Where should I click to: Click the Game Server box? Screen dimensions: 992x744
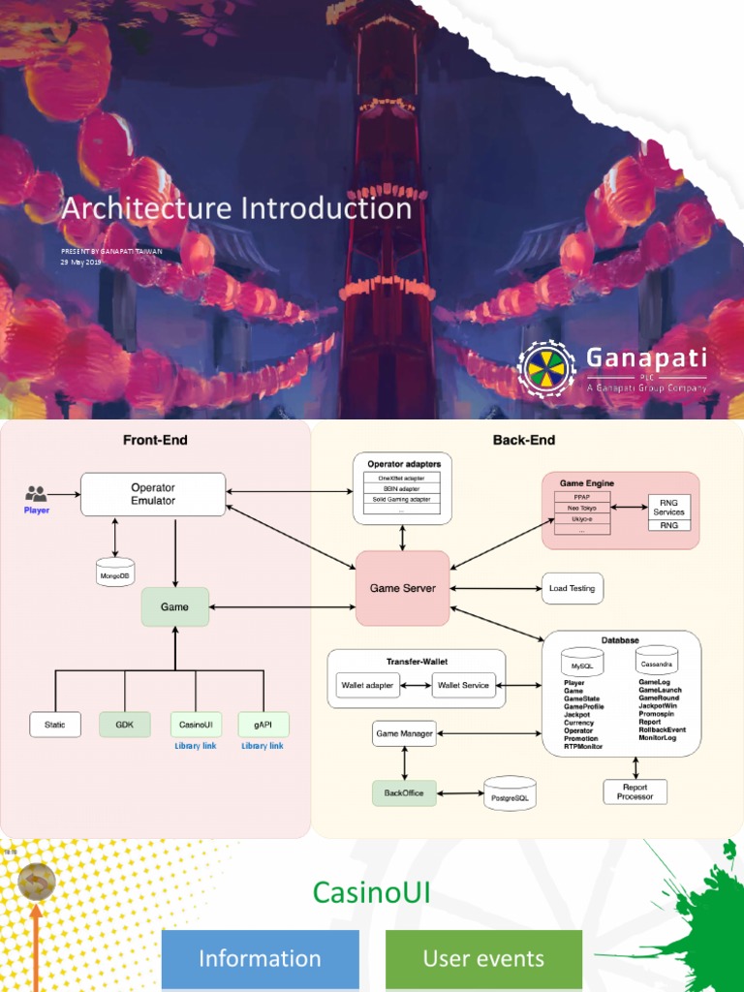point(403,588)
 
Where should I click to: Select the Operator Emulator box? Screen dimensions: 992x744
point(153,494)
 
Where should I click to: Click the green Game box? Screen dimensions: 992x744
point(175,607)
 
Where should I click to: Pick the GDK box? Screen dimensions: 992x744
point(125,725)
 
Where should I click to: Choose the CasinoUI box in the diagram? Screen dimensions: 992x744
point(196,725)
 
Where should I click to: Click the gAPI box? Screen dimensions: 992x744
point(263,725)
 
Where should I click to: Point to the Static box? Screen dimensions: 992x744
point(55,725)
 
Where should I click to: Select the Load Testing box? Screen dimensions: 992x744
point(572,588)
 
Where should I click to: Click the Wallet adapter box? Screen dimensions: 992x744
point(367,686)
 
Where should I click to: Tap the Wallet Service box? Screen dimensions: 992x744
point(463,686)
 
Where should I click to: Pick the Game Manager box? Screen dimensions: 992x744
point(404,733)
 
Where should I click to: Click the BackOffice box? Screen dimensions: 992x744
point(404,792)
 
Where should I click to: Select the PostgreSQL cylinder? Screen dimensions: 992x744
point(510,793)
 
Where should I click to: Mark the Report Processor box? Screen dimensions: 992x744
point(635,791)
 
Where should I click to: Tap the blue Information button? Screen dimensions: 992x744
point(260,959)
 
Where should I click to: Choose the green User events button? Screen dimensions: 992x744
point(483,959)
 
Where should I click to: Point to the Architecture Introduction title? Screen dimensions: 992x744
point(237,208)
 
